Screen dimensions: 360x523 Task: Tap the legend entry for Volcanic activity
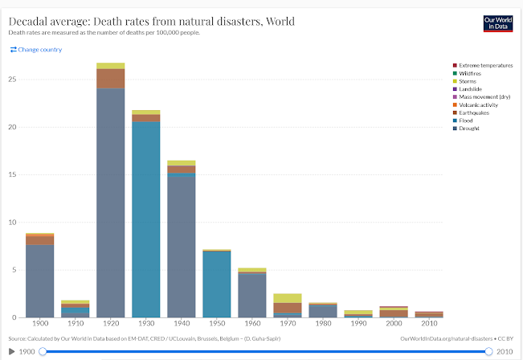pos(480,104)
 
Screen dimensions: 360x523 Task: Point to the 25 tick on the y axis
pos(12,79)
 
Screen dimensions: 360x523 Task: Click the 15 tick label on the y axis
pos(12,174)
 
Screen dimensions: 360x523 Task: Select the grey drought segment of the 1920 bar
pos(111,201)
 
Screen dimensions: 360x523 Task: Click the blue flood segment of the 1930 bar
pos(145,217)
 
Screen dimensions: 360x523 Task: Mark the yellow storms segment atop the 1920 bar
pos(111,65)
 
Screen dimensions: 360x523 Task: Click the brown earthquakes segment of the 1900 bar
pos(39,239)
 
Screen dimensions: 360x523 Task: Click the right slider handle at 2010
pos(488,351)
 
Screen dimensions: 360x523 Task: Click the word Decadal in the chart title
pos(30,21)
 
